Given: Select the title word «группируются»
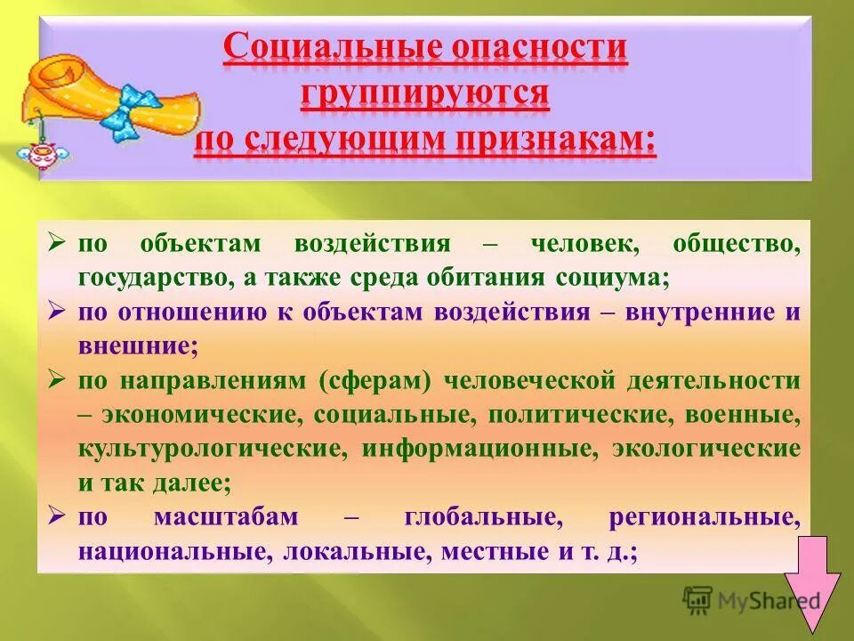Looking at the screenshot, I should tap(424, 95).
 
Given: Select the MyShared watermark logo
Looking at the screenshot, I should tap(751, 598).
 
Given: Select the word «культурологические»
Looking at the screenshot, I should tap(212, 448).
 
